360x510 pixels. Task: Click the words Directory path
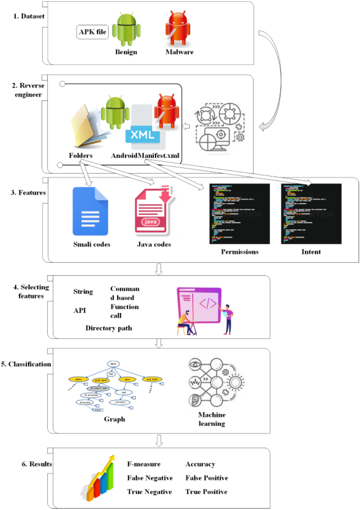109,328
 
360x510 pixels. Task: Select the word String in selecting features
83,292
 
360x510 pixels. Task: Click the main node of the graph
113,364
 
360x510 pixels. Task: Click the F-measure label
144,464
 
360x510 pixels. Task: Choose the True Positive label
206,491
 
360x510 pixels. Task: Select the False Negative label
150,478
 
